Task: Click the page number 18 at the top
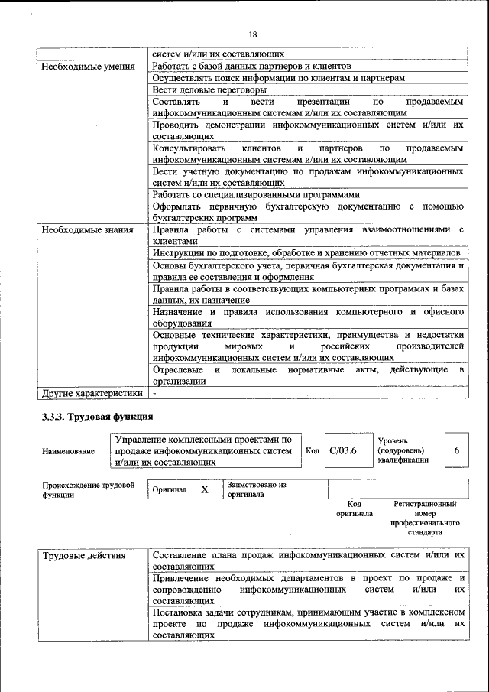[252, 34]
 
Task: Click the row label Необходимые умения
[83, 67]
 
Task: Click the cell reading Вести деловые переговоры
[204, 89]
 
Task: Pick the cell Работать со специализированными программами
[255, 194]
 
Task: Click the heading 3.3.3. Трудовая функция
[97, 417]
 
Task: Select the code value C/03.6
[343, 450]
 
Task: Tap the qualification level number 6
[456, 450]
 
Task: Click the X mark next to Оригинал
[205, 489]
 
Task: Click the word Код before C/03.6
[312, 450]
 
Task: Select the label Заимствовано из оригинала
[256, 489]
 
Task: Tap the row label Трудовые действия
[84, 555]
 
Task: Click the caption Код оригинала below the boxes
[354, 508]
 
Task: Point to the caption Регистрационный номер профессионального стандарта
[425, 518]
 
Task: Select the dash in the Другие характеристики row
[154, 393]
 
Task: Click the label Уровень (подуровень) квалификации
[403, 450]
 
